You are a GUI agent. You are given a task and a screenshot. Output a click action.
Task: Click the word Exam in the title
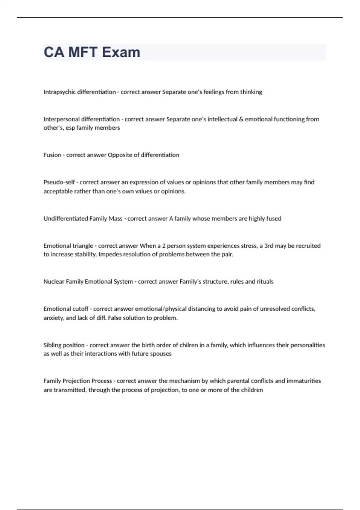click(x=121, y=52)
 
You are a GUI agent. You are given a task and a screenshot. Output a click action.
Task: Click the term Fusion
click(x=52, y=155)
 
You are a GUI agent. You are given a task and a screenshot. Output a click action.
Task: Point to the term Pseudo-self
click(x=59, y=182)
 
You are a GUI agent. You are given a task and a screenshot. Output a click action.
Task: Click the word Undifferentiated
click(x=66, y=218)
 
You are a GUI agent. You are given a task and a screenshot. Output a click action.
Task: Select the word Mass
click(x=115, y=218)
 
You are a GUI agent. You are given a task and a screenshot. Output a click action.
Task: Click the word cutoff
click(x=80, y=309)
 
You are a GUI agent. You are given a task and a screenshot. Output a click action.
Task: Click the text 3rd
click(x=268, y=246)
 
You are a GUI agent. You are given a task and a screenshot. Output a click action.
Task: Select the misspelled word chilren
click(x=190, y=345)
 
